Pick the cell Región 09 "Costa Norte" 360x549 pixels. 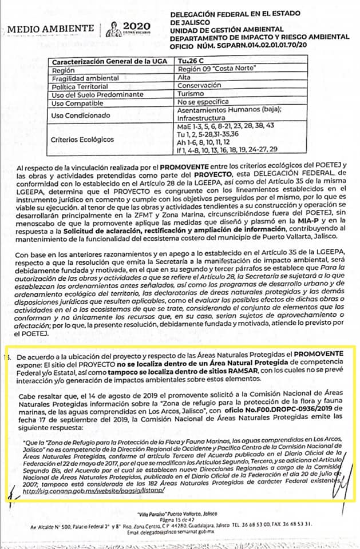click(x=214, y=69)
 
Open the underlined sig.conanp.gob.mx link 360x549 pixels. click(x=106, y=491)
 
